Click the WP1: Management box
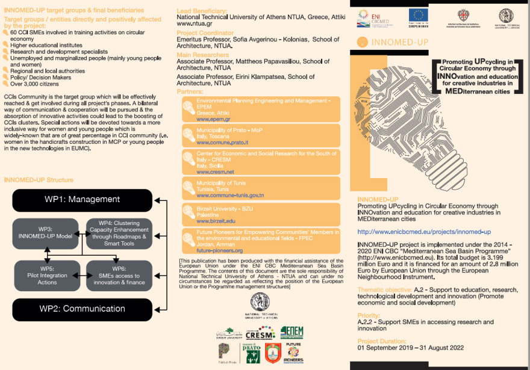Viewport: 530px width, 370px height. [82, 200]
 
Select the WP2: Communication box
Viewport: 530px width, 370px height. [82, 309]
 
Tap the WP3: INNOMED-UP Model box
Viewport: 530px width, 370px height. [46, 233]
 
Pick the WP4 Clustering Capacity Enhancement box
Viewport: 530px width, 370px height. [119, 233]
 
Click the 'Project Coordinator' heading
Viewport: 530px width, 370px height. [205, 33]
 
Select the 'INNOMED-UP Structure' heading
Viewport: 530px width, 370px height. [39, 180]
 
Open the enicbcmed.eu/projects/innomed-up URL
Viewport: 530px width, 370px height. [424, 232]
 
